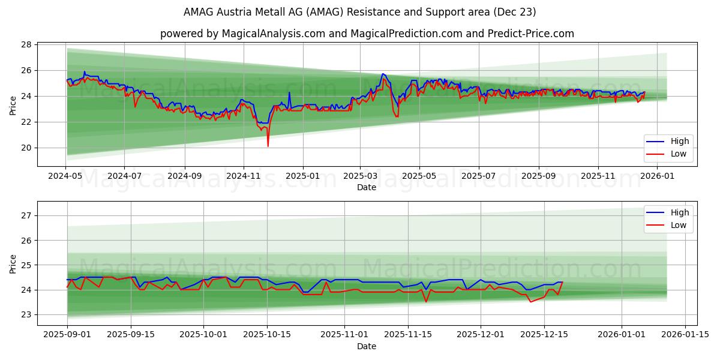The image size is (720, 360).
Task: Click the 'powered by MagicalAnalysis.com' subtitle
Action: coord(367,34)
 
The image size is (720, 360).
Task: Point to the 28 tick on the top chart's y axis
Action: coord(26,44)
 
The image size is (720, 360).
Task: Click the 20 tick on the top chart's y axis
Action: coord(26,148)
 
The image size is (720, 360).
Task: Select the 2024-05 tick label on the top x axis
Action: coord(65,176)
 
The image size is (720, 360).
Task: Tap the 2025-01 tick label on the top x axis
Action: coord(302,176)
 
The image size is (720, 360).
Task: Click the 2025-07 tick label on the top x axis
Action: coord(478,176)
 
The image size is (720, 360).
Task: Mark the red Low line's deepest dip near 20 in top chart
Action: coord(268,146)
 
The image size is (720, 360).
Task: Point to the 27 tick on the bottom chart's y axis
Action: coord(26,215)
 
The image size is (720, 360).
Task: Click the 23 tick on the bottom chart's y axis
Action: coord(26,314)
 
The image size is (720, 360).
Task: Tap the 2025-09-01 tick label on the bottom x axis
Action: coord(67,334)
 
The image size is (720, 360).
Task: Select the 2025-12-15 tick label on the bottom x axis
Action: coord(544,334)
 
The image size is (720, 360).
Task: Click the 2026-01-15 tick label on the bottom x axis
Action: coord(686,334)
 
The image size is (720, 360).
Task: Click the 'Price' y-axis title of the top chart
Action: coord(13,105)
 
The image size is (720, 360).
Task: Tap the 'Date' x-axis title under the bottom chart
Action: coord(367,346)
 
